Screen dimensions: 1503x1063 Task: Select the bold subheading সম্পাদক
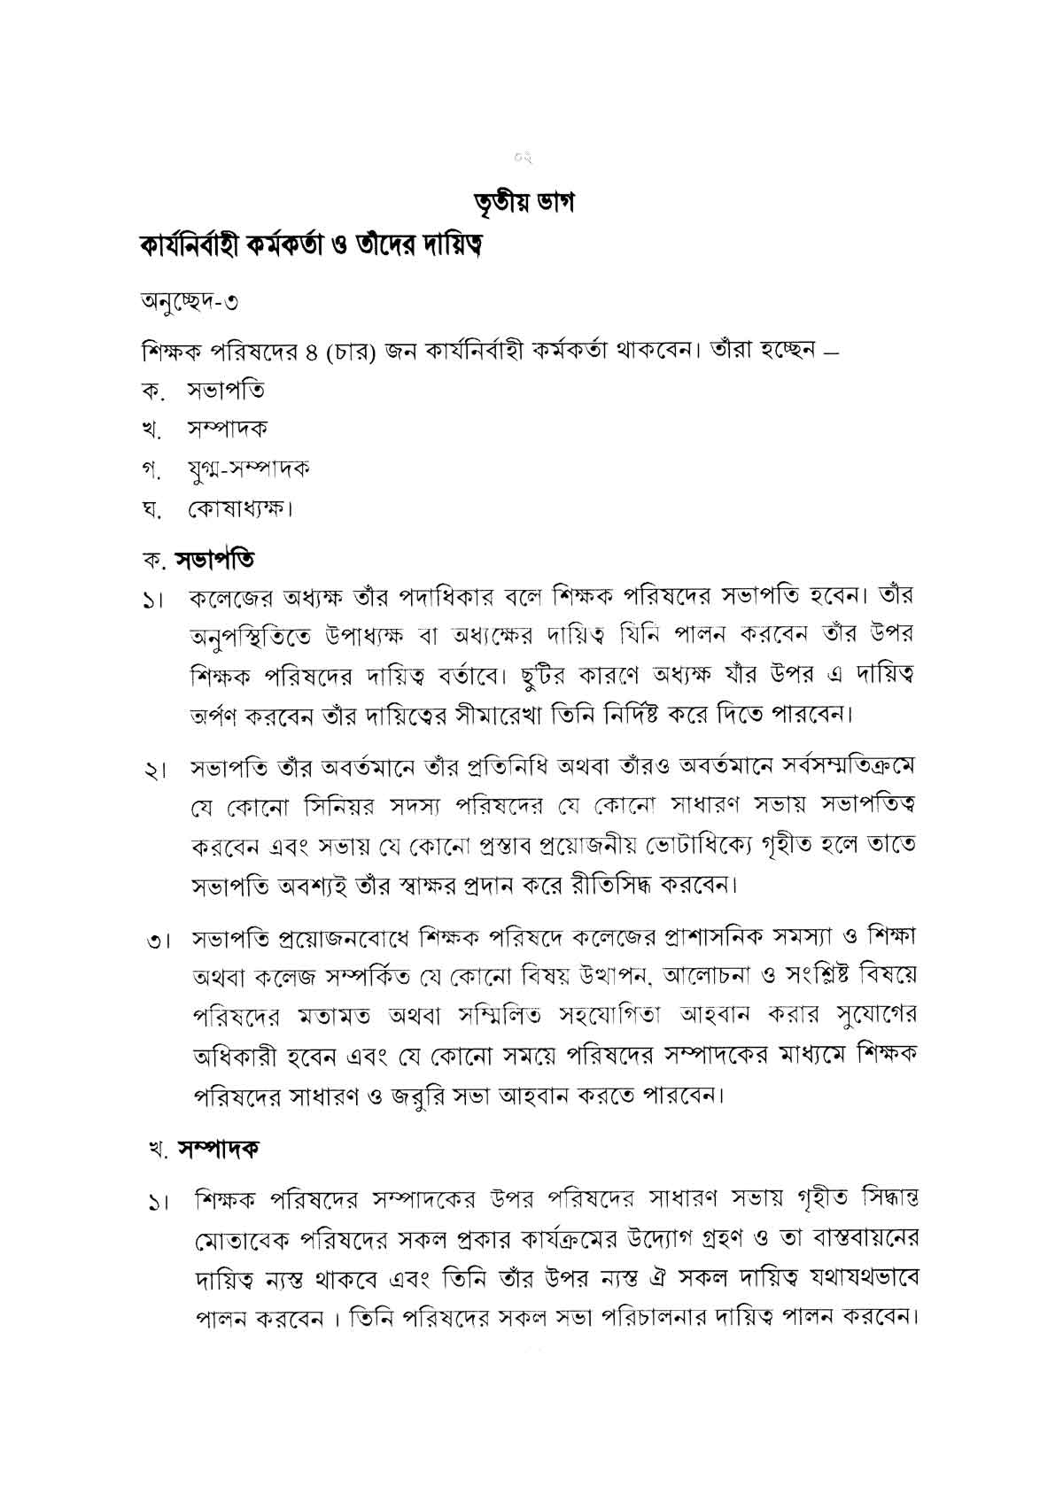pyautogui.click(x=218, y=1149)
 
